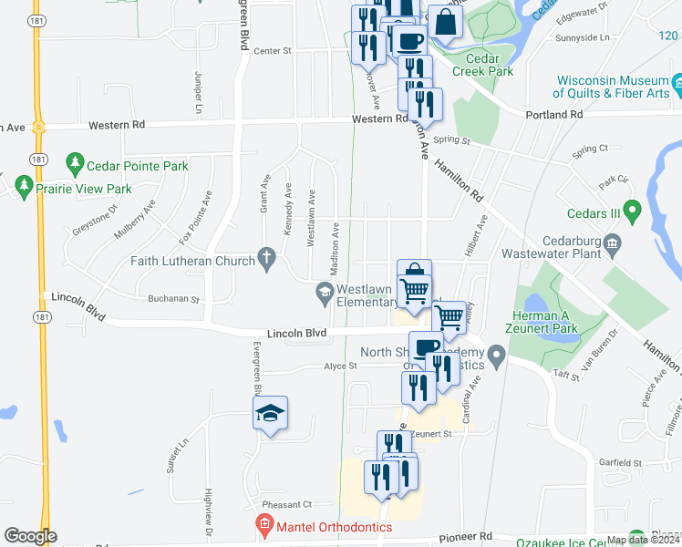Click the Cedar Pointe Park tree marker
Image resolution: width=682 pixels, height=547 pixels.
[76, 166]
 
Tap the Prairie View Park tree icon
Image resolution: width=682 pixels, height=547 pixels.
[24, 189]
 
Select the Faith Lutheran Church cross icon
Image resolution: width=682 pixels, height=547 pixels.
[267, 261]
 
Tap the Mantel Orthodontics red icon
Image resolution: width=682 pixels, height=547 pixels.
[263, 526]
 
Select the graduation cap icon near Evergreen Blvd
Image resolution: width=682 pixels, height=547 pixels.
[270, 415]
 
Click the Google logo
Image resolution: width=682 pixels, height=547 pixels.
[30, 535]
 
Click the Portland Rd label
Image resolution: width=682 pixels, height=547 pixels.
[553, 115]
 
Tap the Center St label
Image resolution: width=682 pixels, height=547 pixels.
[272, 51]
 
